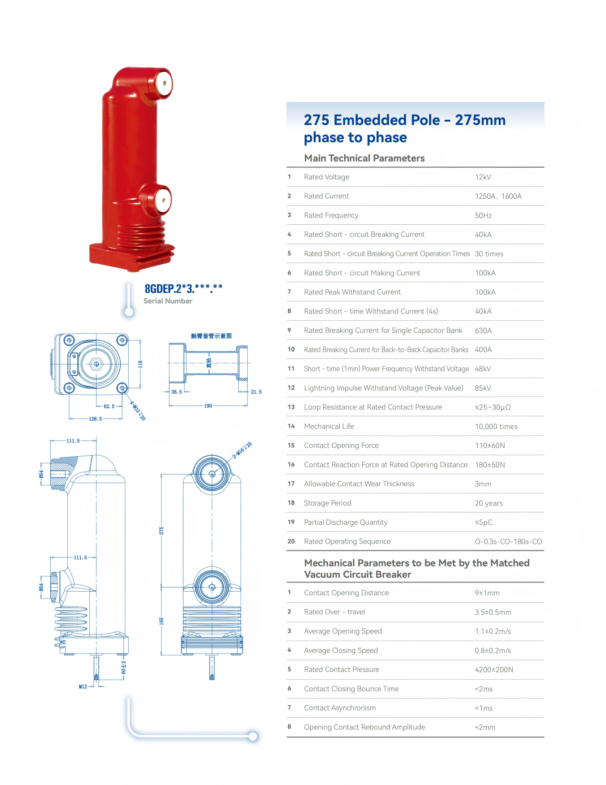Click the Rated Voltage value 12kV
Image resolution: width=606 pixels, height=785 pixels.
483,177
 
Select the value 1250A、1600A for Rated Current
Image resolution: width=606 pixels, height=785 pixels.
498,196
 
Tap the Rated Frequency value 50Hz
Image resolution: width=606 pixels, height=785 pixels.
483,216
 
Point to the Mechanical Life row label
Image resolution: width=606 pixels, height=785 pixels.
329,427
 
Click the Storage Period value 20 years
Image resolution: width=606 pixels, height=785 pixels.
489,503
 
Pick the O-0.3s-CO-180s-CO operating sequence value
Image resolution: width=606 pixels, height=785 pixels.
509,542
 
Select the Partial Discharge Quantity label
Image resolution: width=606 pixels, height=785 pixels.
346,523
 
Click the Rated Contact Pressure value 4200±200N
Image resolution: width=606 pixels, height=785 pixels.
494,670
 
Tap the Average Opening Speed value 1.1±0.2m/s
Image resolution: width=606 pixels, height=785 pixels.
493,632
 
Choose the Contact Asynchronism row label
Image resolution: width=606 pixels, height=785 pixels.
340,708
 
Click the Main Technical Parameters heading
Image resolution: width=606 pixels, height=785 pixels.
364,158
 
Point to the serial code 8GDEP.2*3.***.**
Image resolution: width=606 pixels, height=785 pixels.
184,288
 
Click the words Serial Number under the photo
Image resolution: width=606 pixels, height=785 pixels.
168,301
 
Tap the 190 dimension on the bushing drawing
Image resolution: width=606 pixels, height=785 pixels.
208,406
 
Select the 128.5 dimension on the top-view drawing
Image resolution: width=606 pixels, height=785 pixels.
95,419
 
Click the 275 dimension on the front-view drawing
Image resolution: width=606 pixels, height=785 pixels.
162,531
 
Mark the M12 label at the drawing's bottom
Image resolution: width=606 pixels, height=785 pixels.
83,687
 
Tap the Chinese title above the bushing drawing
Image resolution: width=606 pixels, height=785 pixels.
211,336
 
